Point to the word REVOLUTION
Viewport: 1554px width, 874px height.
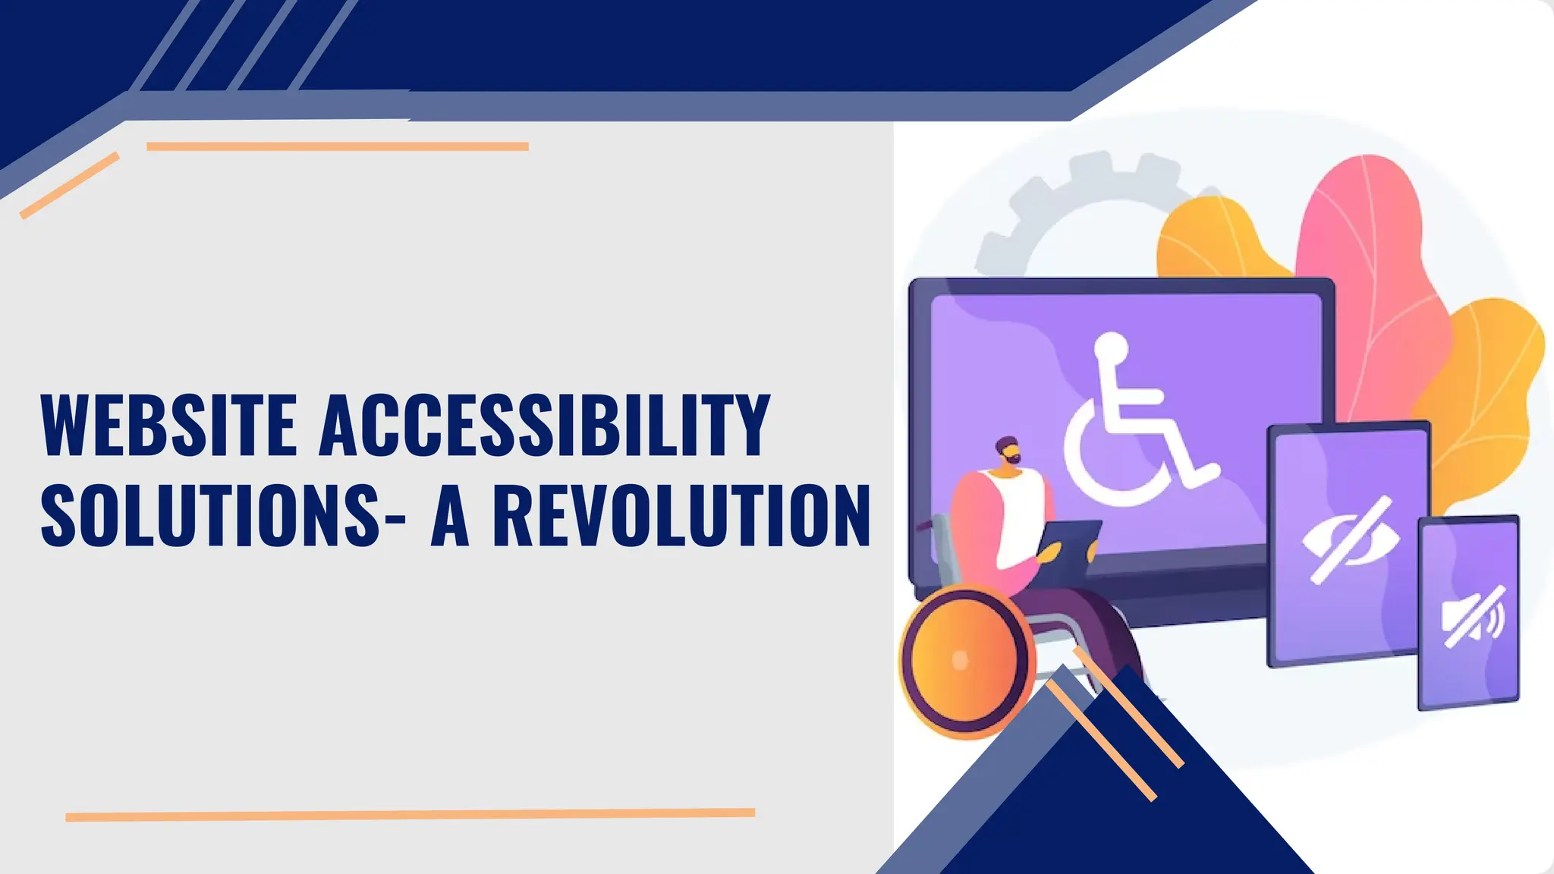point(681,516)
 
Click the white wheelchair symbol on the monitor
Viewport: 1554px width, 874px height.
point(1131,425)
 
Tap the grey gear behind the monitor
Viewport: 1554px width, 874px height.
point(1062,205)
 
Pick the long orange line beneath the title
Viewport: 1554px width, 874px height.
point(410,815)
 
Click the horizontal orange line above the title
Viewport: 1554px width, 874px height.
point(337,146)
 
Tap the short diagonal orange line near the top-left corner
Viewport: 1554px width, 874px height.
point(70,185)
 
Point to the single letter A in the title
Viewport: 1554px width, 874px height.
point(451,516)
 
